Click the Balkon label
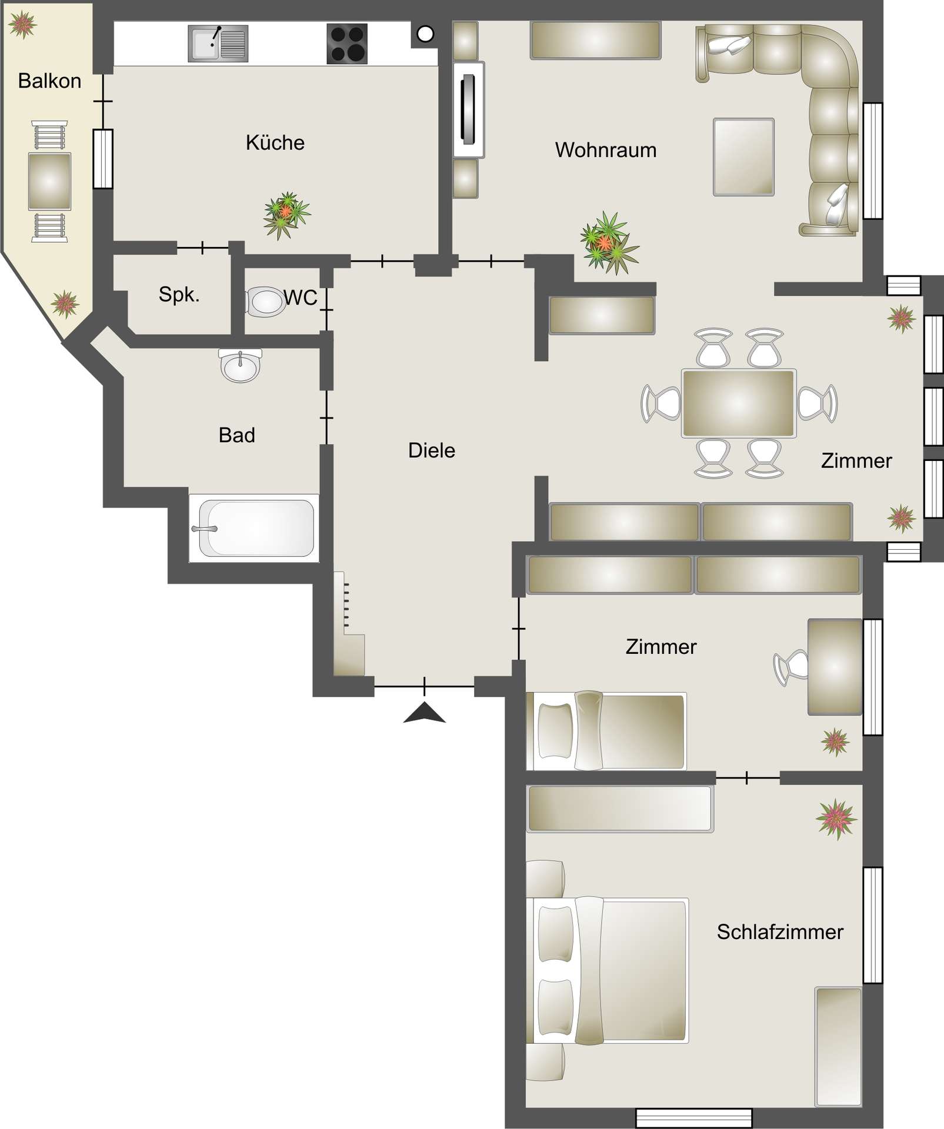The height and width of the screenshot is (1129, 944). [x=49, y=81]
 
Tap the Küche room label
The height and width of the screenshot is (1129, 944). [x=275, y=142]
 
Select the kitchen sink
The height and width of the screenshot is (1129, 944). [x=218, y=43]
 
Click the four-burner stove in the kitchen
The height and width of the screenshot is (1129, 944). [x=347, y=43]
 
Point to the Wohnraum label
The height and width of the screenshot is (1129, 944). [x=605, y=150]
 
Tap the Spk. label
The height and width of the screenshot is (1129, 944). [x=179, y=294]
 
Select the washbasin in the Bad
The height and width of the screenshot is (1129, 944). [x=240, y=366]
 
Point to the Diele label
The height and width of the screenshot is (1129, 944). [x=431, y=450]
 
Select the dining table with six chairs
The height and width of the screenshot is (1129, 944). [x=739, y=403]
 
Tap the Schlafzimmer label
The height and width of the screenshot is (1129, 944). [x=779, y=931]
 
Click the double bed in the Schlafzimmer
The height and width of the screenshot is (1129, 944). [x=609, y=970]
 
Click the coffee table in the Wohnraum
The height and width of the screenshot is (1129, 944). [x=743, y=157]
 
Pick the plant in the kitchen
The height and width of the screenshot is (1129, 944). [x=286, y=214]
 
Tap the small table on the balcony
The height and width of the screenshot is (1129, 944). [x=49, y=181]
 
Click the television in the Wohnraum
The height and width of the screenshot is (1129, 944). [x=469, y=109]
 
